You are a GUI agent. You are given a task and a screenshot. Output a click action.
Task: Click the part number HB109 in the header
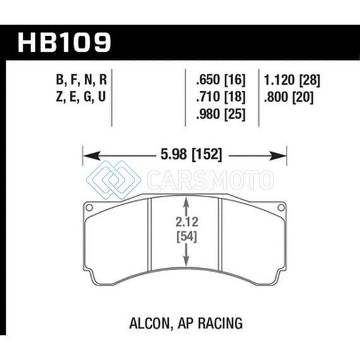point(64,42)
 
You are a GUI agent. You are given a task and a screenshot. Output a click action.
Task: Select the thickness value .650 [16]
point(221,80)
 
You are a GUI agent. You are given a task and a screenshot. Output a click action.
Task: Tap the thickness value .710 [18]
point(221,97)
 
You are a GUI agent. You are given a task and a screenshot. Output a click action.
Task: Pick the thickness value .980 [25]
point(221,114)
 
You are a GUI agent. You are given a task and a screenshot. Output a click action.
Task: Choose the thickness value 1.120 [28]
point(292,80)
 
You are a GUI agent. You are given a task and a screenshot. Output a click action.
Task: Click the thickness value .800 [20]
point(289,97)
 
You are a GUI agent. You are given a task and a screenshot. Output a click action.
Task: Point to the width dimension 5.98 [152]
point(191,155)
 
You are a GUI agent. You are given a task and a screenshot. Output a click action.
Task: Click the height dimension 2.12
point(187,222)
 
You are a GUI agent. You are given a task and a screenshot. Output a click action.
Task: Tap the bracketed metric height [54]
point(187,236)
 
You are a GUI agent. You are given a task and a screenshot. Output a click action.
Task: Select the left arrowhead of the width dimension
point(92,156)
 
